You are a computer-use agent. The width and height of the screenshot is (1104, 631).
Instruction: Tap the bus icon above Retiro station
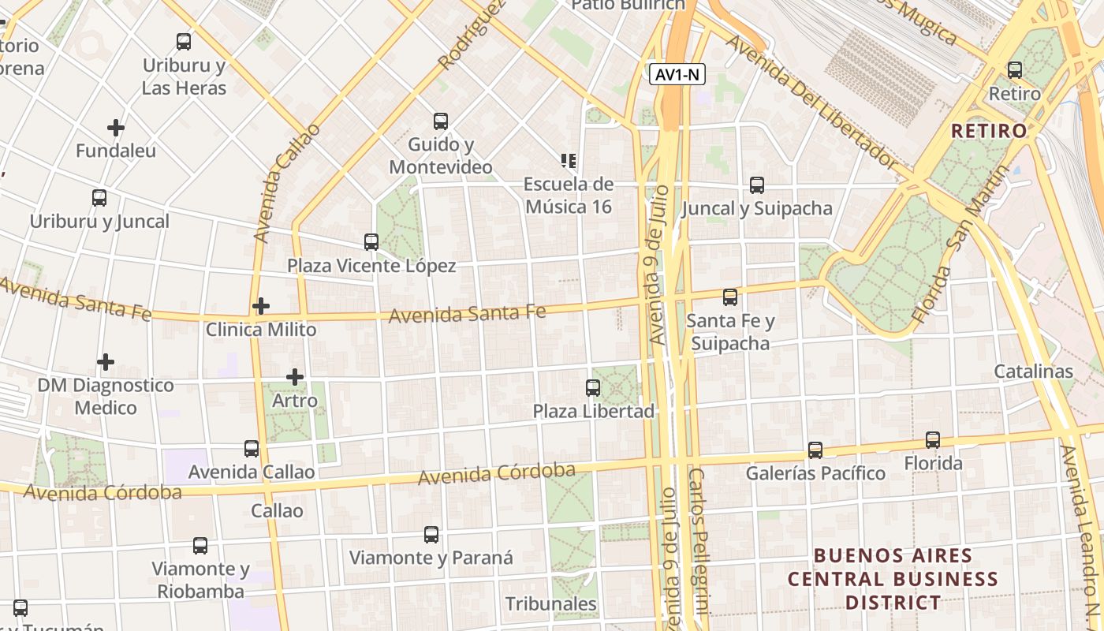point(1015,70)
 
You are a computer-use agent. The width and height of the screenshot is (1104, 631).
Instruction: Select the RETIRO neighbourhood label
point(989,131)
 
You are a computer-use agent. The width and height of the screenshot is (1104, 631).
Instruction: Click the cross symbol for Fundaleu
point(116,127)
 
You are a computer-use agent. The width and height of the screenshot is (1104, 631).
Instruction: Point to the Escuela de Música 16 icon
point(568,161)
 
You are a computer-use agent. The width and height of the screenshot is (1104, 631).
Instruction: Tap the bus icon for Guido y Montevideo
point(441,121)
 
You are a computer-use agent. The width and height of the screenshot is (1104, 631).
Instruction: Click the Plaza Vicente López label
point(371,266)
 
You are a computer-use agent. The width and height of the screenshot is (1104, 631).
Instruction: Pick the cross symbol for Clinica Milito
point(261,306)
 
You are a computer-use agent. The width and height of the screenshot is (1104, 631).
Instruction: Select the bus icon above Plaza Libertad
point(593,388)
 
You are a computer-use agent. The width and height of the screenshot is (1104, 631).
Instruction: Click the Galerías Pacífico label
point(815,473)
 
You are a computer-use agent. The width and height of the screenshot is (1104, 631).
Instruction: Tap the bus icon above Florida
point(933,440)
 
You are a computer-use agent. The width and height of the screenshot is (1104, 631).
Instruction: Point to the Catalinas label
point(1033,372)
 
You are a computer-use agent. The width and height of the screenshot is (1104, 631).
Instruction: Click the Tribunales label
point(551,604)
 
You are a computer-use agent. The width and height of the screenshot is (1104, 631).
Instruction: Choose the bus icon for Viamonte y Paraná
point(431,535)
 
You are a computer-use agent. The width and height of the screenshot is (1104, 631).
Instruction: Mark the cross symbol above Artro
point(295,378)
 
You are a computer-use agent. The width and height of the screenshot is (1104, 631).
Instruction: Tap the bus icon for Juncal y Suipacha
point(757,185)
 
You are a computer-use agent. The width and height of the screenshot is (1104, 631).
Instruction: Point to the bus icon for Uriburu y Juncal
point(99,198)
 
